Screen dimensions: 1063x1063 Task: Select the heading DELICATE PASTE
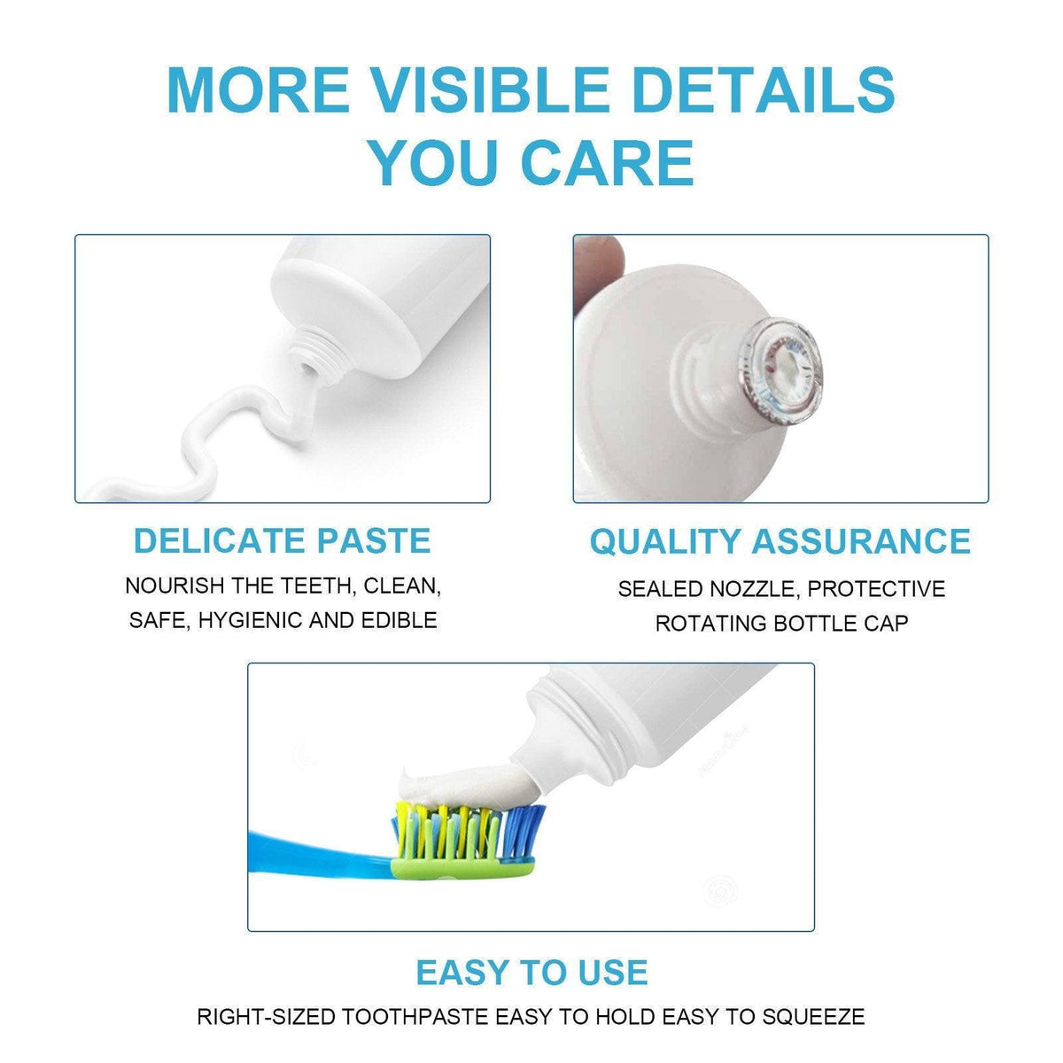[282, 540]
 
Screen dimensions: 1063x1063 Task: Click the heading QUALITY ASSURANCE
[780, 541]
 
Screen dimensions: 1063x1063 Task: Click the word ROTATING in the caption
[710, 624]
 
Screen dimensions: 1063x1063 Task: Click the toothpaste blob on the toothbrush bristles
[461, 781]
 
